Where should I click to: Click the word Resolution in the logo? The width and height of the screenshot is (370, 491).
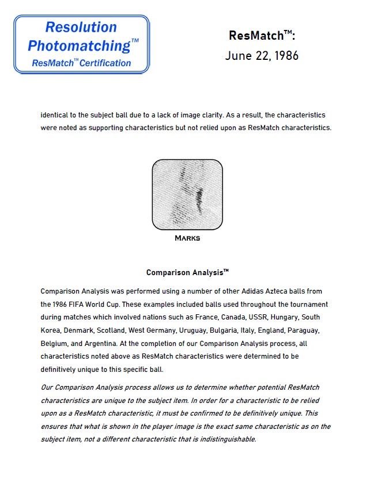click(x=81, y=27)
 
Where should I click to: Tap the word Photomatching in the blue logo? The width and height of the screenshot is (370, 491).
click(x=79, y=45)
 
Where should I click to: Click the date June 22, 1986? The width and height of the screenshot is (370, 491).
click(x=262, y=56)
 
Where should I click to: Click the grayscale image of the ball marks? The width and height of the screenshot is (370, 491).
click(x=187, y=194)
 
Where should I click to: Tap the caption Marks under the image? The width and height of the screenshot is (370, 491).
click(x=187, y=238)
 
